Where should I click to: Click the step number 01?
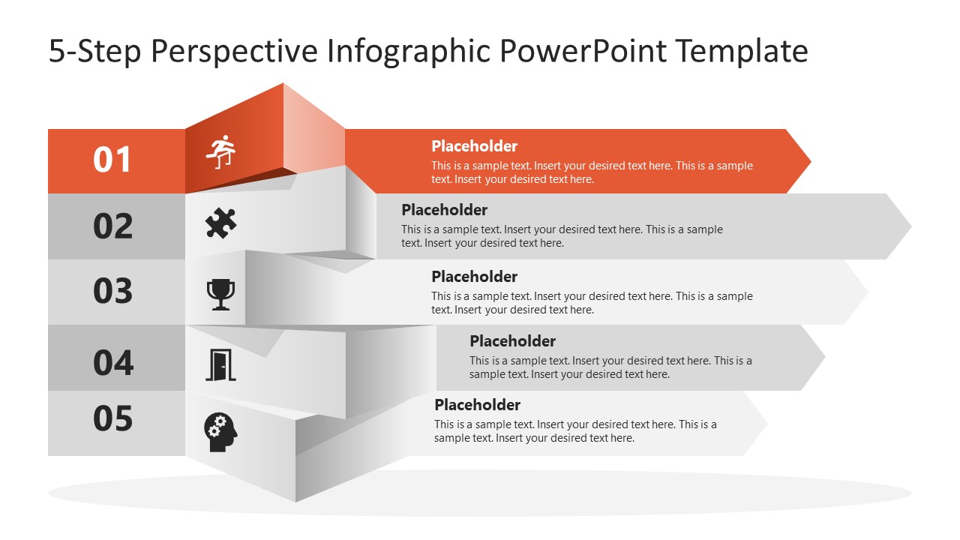click(112, 160)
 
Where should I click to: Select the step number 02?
click(112, 226)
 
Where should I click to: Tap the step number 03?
click(112, 292)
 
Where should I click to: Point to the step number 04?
click(112, 362)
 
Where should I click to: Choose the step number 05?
click(112, 418)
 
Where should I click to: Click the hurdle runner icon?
click(221, 152)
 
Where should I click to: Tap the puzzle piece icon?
click(221, 223)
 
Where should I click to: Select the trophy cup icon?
click(220, 294)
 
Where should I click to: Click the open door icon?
click(220, 365)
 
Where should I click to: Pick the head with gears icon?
click(220, 433)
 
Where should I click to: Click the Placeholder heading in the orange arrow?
click(474, 146)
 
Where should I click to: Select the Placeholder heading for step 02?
click(444, 210)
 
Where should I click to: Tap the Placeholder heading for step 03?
click(474, 277)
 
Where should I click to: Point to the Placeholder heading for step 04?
click(512, 341)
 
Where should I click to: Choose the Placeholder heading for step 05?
click(477, 405)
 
